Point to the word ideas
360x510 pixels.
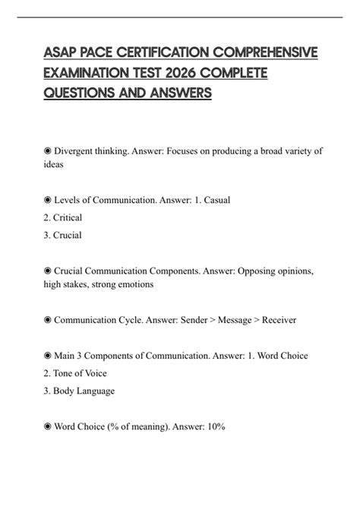click(54, 164)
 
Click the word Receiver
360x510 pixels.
click(277, 320)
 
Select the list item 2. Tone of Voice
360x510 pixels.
click(75, 373)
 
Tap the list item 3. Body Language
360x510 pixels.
click(79, 391)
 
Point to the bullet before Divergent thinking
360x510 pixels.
click(48, 151)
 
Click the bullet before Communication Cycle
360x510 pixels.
click(48, 320)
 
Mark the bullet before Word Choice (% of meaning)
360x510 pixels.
click(48, 426)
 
